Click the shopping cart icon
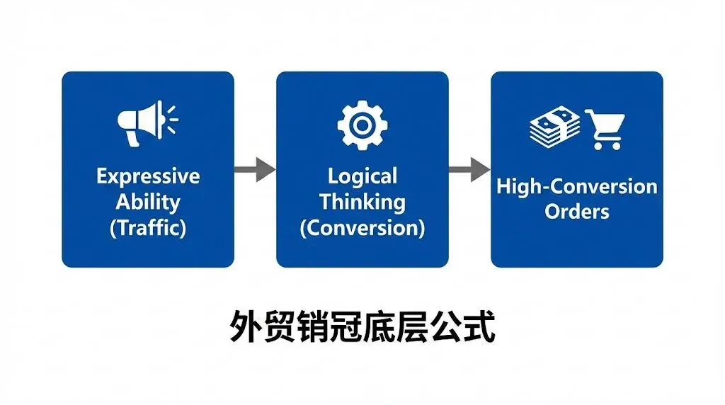[x=603, y=128]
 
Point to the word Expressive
[x=148, y=176]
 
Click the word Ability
[x=148, y=202]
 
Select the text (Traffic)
[x=148, y=228]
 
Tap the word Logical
[x=362, y=176]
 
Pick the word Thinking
[x=362, y=202]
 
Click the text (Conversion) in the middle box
[x=362, y=228]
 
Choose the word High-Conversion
[x=576, y=187]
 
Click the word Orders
[x=576, y=212]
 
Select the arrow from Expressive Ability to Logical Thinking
[x=254, y=169]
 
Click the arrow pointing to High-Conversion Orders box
[x=469, y=169]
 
